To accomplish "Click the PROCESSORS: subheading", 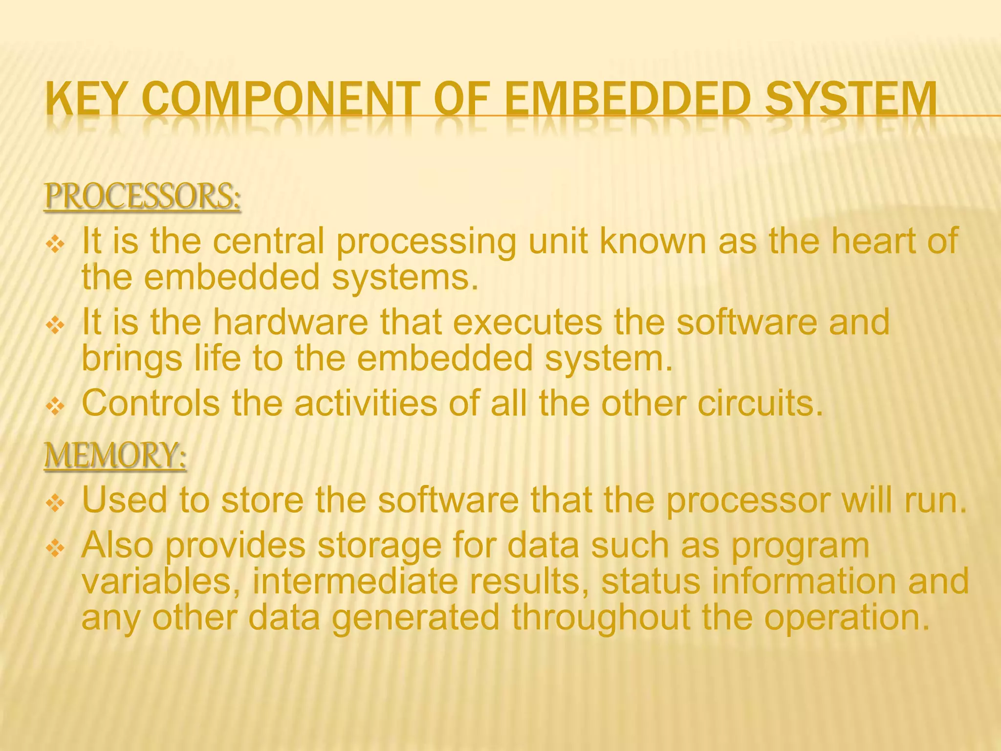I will pos(142,196).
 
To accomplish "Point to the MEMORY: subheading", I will pos(115,455).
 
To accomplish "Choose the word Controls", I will pos(151,403).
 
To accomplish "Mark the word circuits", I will pos(761,403).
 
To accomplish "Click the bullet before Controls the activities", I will pos(55,406).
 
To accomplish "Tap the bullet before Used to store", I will pos(55,503).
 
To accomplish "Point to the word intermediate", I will pos(355,581).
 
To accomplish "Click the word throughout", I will pos(601,617).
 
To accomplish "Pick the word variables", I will pos(161,581).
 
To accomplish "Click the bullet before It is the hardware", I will pos(55,325).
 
